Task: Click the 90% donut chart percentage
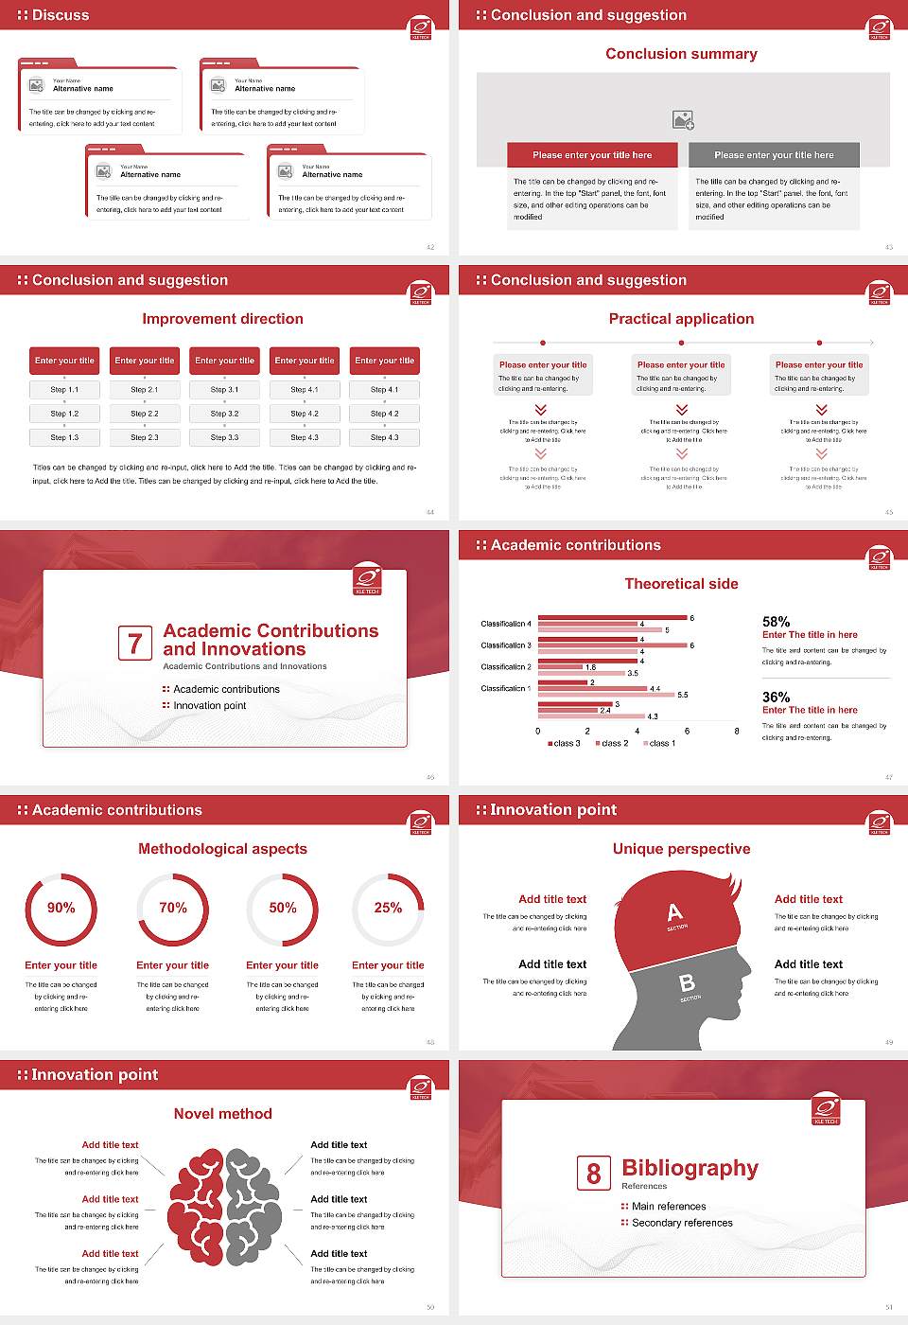point(61,908)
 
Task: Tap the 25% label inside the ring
point(388,908)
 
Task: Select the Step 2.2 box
point(145,414)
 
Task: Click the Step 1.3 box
point(64,437)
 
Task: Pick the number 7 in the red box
point(135,644)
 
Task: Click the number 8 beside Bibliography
point(593,1174)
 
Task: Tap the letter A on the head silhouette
point(674,912)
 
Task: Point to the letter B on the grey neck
point(688,983)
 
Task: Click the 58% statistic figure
point(776,622)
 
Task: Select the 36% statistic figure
point(776,697)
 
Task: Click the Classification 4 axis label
point(506,624)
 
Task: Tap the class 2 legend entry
point(611,743)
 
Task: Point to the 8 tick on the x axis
point(737,731)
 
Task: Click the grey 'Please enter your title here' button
point(774,155)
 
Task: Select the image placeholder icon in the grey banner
point(683,119)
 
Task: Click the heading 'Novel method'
point(223,1114)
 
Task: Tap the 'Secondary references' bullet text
point(682,1223)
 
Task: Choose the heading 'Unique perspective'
point(681,849)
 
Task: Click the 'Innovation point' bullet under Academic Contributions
point(209,705)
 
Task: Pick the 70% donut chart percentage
point(173,908)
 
